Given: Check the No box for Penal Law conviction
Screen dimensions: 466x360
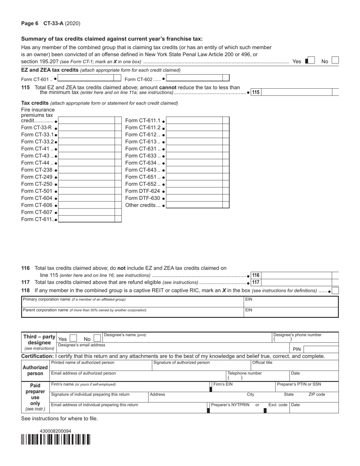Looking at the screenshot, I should pyautogui.click(x=335, y=61).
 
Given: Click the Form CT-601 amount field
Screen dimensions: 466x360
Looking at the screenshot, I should pyautogui.click(x=86, y=78).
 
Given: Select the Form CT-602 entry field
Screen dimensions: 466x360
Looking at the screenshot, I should pyautogui.click(x=194, y=78).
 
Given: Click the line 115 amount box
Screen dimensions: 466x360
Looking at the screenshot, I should pyautogui.click(x=296, y=92).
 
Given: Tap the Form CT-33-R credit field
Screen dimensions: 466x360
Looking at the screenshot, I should pyautogui.click(x=86, y=128).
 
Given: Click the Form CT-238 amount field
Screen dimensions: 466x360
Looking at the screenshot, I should pyautogui.click(x=86, y=170).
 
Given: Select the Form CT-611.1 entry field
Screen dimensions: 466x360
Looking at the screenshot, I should pyautogui.click(x=194, y=120).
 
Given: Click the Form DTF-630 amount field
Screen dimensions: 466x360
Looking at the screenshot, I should pyautogui.click(x=194, y=198).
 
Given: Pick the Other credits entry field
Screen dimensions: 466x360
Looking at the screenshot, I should pyautogui.click(x=194, y=205).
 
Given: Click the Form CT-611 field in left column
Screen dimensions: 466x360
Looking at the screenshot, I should pyautogui.click(x=86, y=219).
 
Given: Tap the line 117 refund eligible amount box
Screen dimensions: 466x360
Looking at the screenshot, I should pyautogui.click(x=296, y=282).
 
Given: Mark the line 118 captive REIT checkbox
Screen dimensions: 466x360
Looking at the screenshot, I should pyautogui.click(x=335, y=291).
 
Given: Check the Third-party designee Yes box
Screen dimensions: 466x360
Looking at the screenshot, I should pyautogui.click(x=74, y=339).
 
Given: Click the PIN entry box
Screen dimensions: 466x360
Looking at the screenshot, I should pyautogui.click(x=321, y=349).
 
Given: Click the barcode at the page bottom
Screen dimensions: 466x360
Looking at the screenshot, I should pyautogui.click(x=55, y=439).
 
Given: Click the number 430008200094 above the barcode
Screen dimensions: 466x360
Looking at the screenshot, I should pyautogui.click(x=55, y=431).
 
